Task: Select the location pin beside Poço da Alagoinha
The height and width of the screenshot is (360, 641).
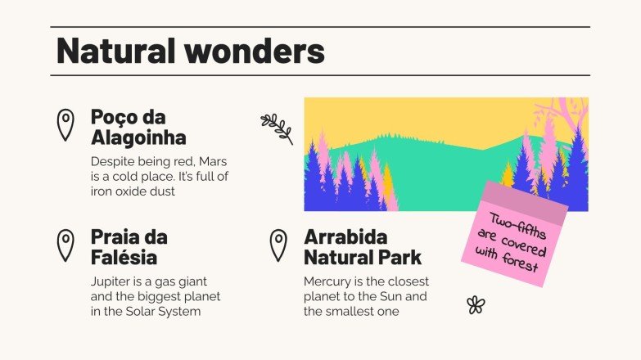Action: click(x=65, y=124)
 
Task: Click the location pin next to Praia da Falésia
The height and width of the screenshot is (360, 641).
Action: click(x=65, y=245)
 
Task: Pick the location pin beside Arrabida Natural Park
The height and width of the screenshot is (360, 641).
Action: click(x=278, y=245)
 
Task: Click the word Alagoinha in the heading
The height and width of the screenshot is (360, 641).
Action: click(x=138, y=137)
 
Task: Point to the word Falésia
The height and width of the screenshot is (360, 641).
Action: click(x=124, y=258)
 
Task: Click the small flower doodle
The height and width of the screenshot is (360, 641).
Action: click(x=476, y=305)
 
